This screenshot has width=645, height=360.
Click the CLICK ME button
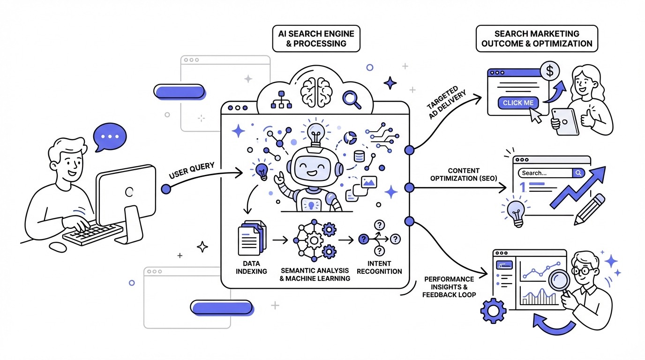point(518,103)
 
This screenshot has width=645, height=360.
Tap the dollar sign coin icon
point(549,71)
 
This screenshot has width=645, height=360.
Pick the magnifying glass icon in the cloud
point(351,98)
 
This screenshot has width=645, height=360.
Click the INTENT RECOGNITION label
point(379,267)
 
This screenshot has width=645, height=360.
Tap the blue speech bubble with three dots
point(110,137)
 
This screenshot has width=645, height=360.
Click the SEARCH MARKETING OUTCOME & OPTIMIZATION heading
point(537,38)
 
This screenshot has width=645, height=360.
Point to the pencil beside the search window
point(589,210)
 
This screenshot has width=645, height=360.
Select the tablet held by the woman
point(564,121)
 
